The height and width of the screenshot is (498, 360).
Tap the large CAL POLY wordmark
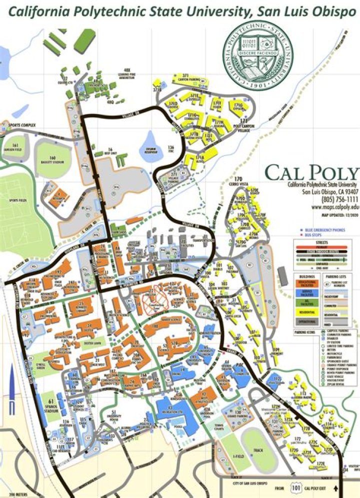311,173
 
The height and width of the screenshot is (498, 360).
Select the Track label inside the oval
258,450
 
